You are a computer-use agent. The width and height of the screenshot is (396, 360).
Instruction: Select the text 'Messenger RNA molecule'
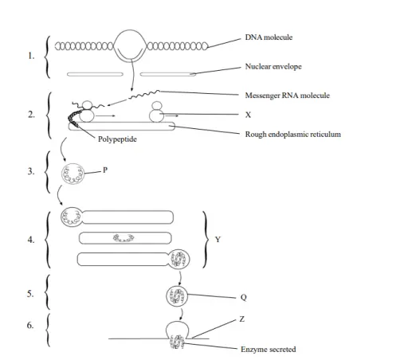[286, 96]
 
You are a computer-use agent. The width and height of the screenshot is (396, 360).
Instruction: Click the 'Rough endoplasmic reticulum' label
[294, 135]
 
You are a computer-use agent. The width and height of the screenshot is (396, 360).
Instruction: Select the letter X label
[249, 115]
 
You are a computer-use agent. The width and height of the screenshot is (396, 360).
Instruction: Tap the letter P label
[104, 170]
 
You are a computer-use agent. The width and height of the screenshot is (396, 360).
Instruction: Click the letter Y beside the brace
[218, 238]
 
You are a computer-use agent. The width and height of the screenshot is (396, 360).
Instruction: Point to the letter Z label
[242, 319]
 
